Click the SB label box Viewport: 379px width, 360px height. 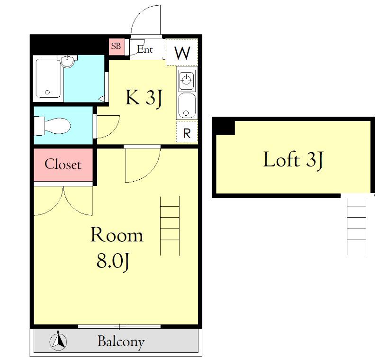[x=117, y=46]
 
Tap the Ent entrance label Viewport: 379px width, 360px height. [x=145, y=49]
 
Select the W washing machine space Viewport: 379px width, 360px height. [x=182, y=52]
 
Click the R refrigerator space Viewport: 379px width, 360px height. [x=187, y=132]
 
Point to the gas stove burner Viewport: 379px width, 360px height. [x=186, y=79]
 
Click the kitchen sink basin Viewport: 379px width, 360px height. [x=187, y=105]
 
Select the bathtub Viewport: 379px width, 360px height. [x=48, y=78]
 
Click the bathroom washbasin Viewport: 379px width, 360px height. [x=67, y=61]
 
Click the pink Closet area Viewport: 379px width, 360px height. [x=63, y=165]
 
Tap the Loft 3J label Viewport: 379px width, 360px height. [x=293, y=160]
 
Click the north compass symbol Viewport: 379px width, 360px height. [x=58, y=342]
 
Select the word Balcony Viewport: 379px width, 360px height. [x=121, y=342]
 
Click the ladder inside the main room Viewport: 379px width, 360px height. [x=170, y=226]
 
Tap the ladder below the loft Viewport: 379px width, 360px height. [x=357, y=226]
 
